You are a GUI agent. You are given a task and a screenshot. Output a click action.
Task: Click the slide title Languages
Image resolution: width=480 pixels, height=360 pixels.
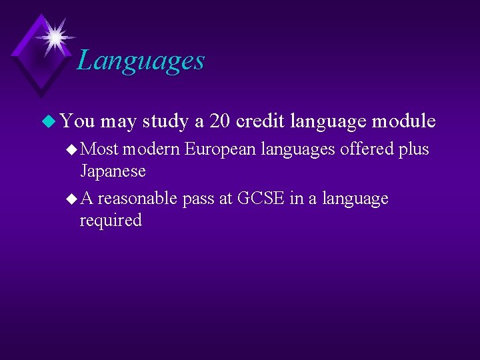pos(141,61)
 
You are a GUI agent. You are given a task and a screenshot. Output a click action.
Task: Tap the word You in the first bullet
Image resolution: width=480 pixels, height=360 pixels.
pos(77,121)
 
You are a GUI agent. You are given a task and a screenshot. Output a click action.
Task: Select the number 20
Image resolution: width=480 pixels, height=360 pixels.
pos(220,121)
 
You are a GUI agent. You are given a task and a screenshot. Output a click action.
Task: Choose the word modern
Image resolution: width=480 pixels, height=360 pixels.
pos(152,149)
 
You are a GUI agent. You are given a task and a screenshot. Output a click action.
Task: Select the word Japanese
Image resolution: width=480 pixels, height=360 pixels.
pos(113,171)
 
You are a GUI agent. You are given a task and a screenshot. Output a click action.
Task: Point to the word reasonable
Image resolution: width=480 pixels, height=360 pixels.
pos(137,199)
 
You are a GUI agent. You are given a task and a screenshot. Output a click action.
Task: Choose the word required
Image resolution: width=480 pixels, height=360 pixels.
pos(111,221)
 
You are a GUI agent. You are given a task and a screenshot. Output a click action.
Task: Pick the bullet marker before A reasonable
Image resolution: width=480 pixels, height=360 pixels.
pos(72,199)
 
